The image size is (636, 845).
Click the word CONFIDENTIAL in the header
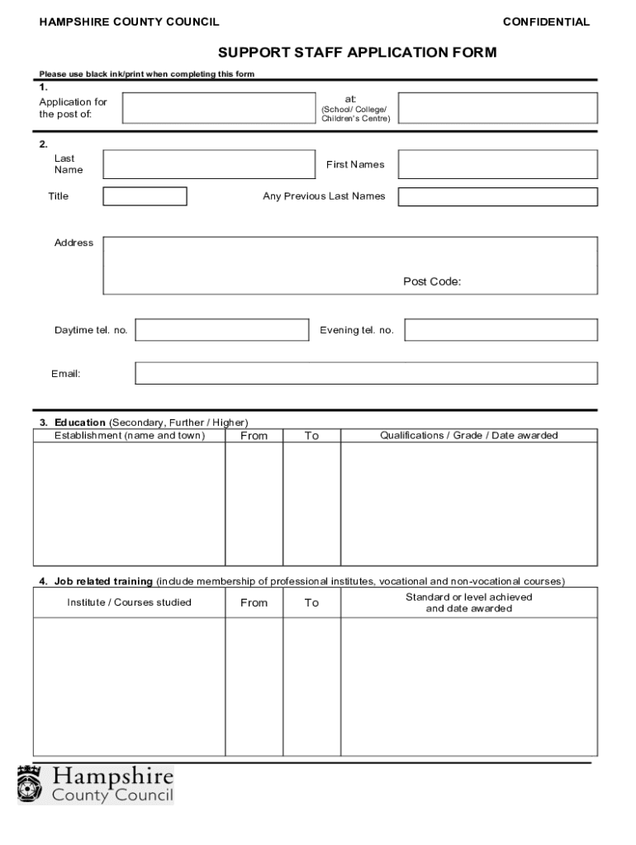click(546, 22)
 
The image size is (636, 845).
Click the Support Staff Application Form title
click(357, 54)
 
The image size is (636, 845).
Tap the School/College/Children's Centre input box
click(498, 108)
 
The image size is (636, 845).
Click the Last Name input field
click(209, 164)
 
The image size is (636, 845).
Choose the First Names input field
click(498, 164)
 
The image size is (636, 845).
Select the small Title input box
click(145, 196)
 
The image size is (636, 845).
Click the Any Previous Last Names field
click(498, 196)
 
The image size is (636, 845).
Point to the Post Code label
click(432, 282)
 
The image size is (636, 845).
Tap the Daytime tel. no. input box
click(221, 330)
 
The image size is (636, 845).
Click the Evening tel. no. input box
click(501, 330)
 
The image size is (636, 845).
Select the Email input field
click(366, 374)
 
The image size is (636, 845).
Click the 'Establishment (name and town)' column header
click(130, 436)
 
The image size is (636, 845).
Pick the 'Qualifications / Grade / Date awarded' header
click(468, 436)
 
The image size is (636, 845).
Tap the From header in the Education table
click(254, 436)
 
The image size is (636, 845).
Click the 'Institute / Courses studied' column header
click(129, 602)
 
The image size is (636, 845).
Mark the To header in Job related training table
click(311, 603)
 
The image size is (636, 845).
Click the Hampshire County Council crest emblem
click(31, 784)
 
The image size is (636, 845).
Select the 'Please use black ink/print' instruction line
click(147, 74)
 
